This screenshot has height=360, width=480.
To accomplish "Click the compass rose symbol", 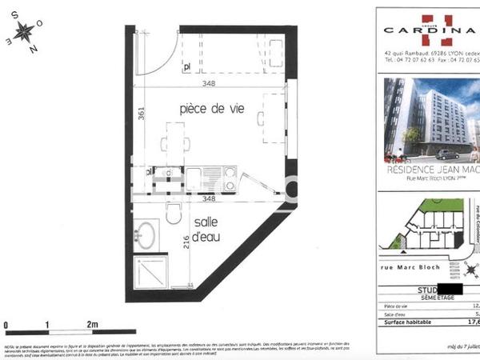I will click(25, 34).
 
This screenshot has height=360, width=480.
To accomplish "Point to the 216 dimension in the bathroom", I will click(186, 242).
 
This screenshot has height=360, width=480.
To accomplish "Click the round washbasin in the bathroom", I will click(145, 235).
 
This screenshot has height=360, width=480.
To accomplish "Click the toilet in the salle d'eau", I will click(173, 213).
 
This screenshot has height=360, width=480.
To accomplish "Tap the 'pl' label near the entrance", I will click(186, 68).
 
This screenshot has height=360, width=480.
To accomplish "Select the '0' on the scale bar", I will click(6, 323).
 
